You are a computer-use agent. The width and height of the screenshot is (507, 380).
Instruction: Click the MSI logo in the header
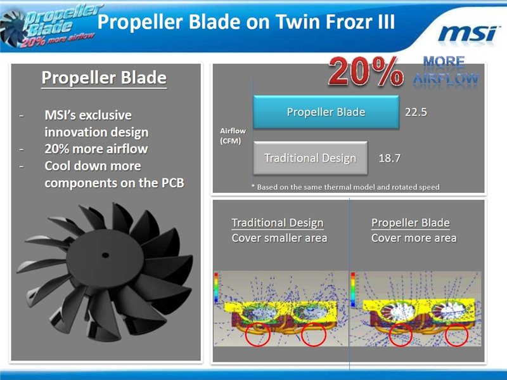tap(468, 34)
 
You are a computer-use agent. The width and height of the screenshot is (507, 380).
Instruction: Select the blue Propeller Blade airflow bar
tap(326, 112)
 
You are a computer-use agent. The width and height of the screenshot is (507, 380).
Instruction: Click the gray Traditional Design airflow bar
tap(311, 158)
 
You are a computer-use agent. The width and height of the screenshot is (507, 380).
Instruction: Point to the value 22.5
tap(416, 112)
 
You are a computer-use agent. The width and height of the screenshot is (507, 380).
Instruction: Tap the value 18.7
tap(389, 158)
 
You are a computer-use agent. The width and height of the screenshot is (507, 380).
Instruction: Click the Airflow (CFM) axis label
tap(233, 136)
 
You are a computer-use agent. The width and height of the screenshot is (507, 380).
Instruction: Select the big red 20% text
tap(366, 72)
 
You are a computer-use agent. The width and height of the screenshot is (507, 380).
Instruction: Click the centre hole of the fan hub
tap(105, 255)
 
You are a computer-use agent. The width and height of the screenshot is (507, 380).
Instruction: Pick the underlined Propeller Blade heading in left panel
tap(104, 77)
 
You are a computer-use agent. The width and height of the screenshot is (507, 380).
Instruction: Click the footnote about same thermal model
tap(345, 187)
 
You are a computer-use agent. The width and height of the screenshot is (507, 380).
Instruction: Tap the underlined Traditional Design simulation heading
tap(278, 223)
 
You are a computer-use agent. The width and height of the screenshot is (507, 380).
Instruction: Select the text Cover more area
tap(414, 239)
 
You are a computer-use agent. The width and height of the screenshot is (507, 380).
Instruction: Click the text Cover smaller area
tap(279, 239)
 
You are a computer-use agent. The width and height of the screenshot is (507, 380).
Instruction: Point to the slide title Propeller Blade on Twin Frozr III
tap(246, 22)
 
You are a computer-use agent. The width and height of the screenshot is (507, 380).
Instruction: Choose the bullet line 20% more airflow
tap(96, 149)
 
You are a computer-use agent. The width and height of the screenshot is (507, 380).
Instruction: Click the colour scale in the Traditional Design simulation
tap(216, 289)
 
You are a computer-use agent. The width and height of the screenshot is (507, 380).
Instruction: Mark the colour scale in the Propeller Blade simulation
tap(353, 289)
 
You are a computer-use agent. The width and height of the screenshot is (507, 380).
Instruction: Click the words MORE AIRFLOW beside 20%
tap(446, 70)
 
